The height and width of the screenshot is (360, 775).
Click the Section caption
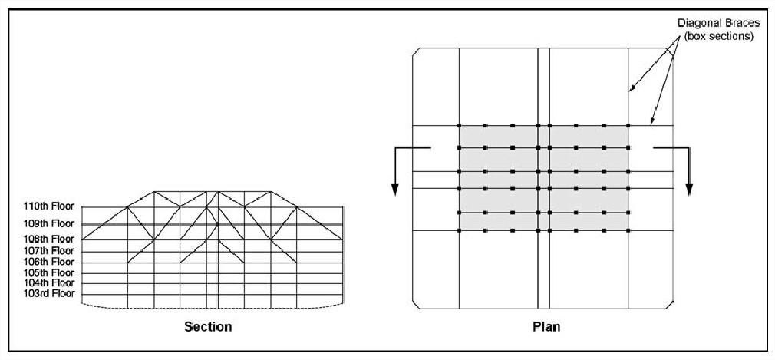pos(208,327)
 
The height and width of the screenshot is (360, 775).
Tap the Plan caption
pos(546,327)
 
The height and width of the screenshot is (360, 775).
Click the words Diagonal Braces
pos(715,23)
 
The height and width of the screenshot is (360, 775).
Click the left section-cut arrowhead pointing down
pos(395,190)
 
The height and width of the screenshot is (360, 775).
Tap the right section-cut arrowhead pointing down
pos(690,190)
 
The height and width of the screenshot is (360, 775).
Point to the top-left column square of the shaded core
pos(459,126)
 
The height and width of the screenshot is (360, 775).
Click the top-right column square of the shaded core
pos(628,126)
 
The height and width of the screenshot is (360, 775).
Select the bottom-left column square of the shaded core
pos(459,230)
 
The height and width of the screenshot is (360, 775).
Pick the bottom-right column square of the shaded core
pos(628,230)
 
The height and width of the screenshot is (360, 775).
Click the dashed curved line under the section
pos(212,308)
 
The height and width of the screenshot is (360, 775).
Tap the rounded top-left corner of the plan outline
pos(414,50)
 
